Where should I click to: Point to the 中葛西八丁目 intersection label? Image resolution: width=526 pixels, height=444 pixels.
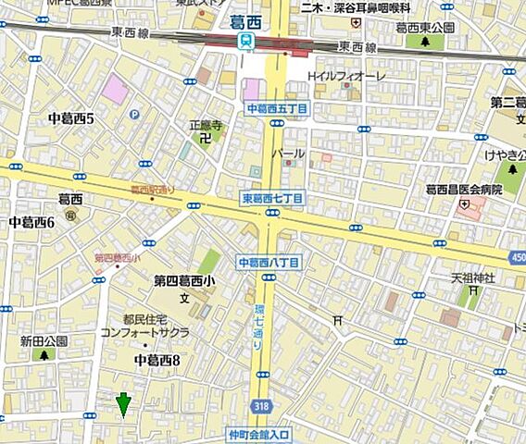pos(268,263)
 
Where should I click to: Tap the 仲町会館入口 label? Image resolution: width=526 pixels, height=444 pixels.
pos(259,432)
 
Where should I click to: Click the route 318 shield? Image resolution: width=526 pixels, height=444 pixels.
pos(262,404)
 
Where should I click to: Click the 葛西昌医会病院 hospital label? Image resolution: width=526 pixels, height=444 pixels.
pos(463,190)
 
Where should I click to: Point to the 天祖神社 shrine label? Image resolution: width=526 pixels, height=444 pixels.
pos(473,277)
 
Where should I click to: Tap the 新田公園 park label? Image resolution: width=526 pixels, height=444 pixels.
pos(44,340)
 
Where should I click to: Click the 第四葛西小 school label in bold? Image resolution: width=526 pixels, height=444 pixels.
pos(184,282)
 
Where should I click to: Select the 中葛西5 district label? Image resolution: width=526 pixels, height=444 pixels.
pos(70,118)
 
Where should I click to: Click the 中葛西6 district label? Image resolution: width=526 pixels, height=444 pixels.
pos(31,222)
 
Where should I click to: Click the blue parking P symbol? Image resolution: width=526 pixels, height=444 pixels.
pos(134,115)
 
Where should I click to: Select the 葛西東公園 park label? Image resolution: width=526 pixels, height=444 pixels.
pos(425,29)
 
